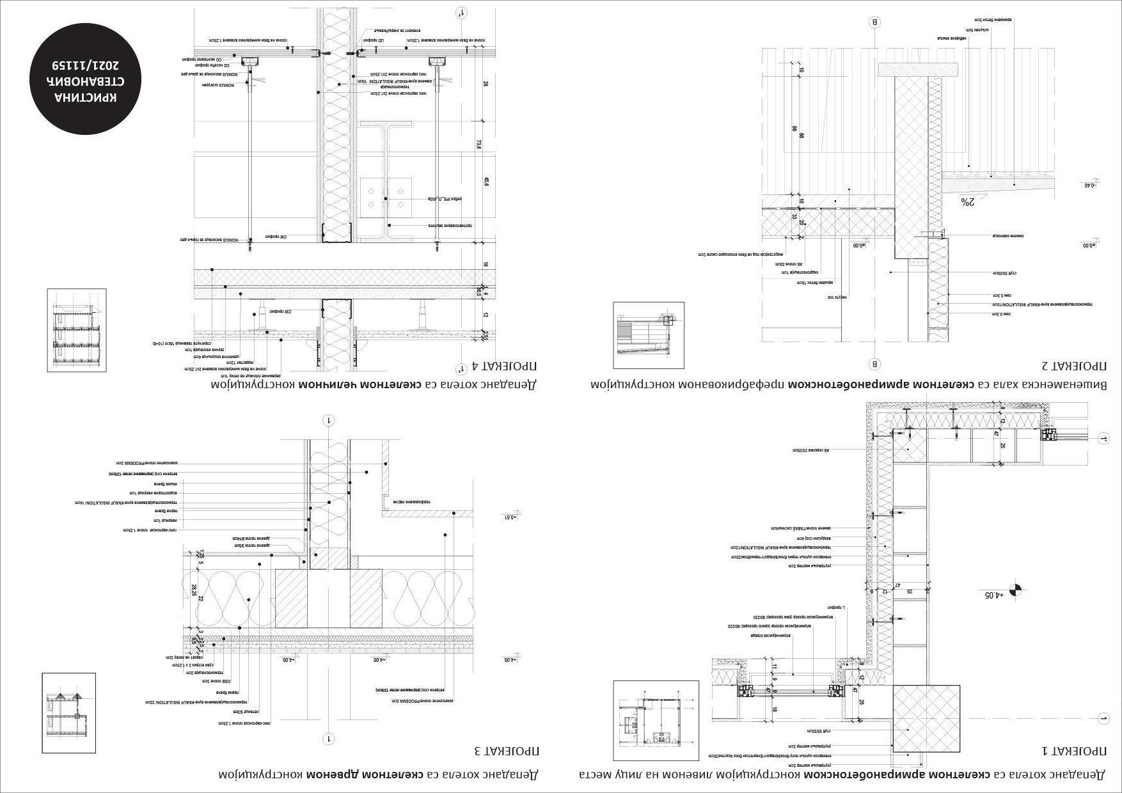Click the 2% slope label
point(967,202)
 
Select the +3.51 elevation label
point(510,517)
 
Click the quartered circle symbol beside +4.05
point(1014,589)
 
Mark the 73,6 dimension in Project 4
point(478,145)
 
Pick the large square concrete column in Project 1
point(926,718)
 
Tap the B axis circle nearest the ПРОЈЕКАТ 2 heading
point(875,364)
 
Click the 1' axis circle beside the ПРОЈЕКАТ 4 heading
point(461,368)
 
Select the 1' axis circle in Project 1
point(1103,439)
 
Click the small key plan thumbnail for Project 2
point(649,335)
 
